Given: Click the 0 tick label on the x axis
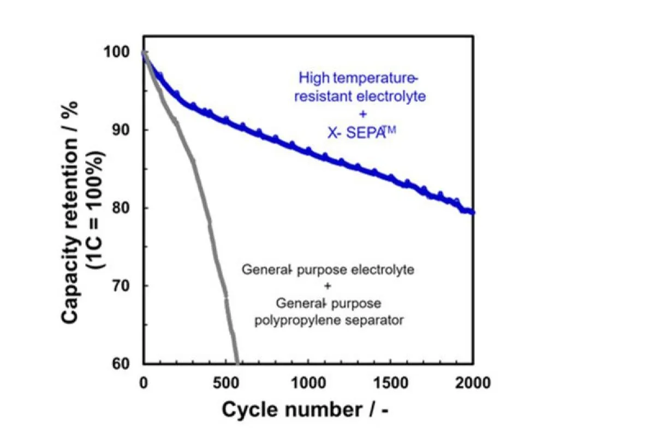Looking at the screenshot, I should pos(143,382).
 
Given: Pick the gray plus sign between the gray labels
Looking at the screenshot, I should pos(329,286).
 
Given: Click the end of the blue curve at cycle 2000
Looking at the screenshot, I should pos(473,212).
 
